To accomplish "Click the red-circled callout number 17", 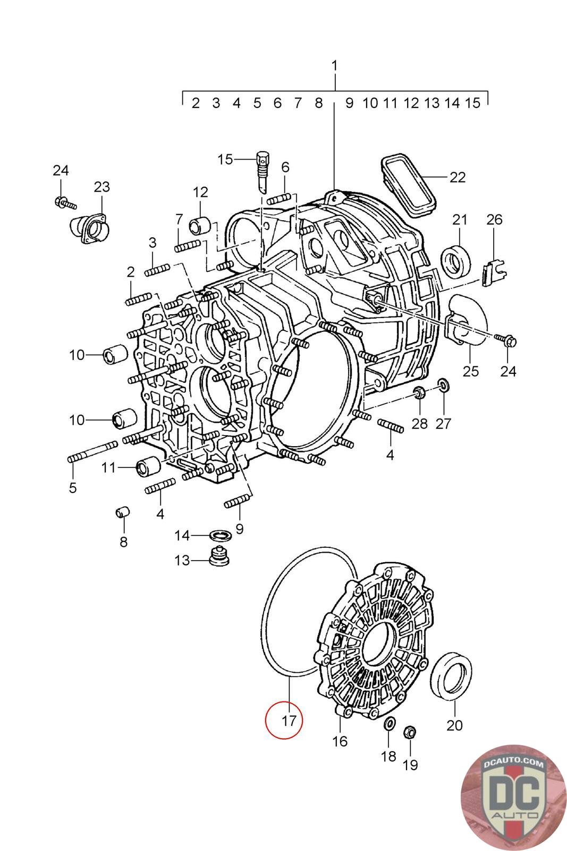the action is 289,720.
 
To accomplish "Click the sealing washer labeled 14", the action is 220,536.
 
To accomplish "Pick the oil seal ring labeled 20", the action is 451,676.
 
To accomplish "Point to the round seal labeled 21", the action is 456,262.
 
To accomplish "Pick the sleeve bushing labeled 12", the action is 200,227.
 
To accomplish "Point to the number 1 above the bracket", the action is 334,66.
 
